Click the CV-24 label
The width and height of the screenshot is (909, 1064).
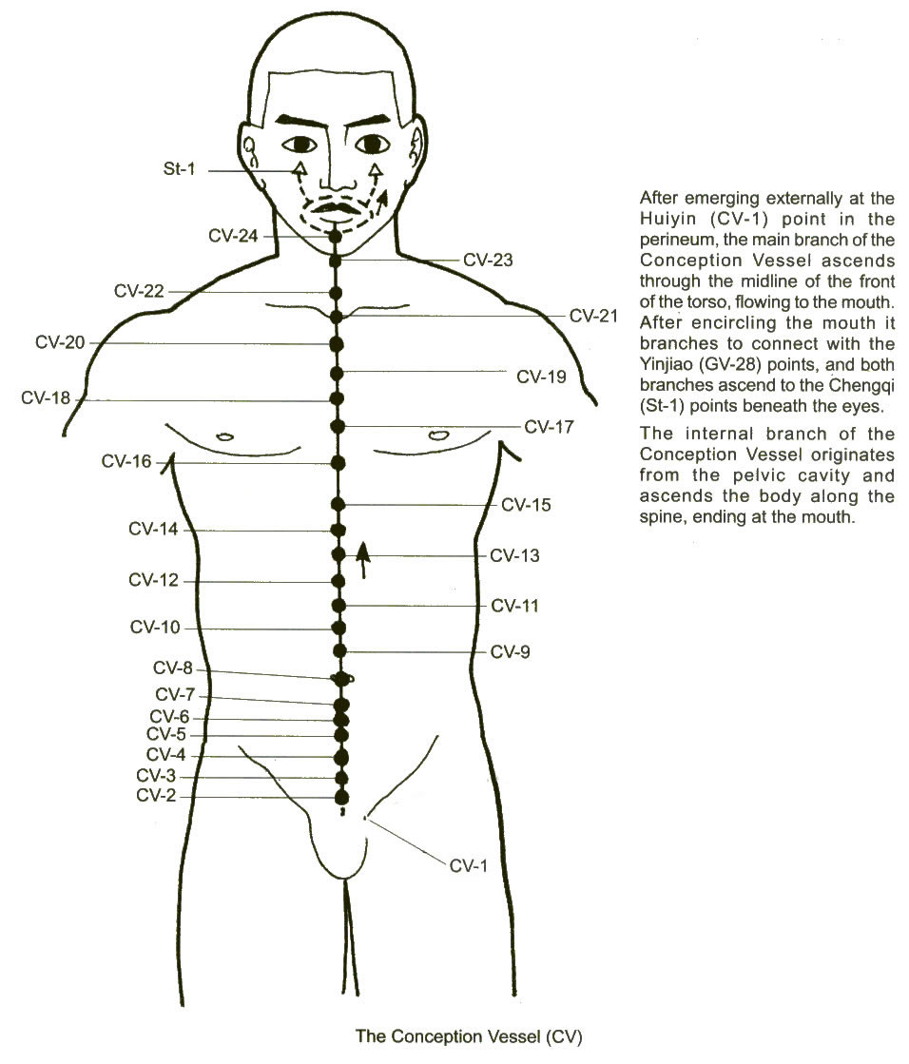(233, 236)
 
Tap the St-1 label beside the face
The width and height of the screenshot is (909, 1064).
(179, 168)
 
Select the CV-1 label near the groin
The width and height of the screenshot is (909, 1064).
(468, 866)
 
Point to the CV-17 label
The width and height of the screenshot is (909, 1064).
(549, 427)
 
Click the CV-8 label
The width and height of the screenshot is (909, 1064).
(173, 668)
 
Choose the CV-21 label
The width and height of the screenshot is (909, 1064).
(593, 316)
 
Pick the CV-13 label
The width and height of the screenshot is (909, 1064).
(514, 555)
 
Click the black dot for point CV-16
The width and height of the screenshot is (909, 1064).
(338, 463)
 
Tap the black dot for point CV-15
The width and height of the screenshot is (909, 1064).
(338, 504)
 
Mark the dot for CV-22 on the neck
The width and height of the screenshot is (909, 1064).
(335, 293)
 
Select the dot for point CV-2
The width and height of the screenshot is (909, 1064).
(342, 796)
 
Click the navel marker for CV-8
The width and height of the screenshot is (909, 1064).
(341, 678)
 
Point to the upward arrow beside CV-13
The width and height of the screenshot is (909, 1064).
(363, 560)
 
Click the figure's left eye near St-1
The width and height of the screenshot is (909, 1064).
(300, 144)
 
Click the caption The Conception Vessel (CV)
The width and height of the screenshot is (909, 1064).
(469, 1036)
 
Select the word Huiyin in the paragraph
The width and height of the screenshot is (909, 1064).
(665, 220)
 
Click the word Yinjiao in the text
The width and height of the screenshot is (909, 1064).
(665, 364)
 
